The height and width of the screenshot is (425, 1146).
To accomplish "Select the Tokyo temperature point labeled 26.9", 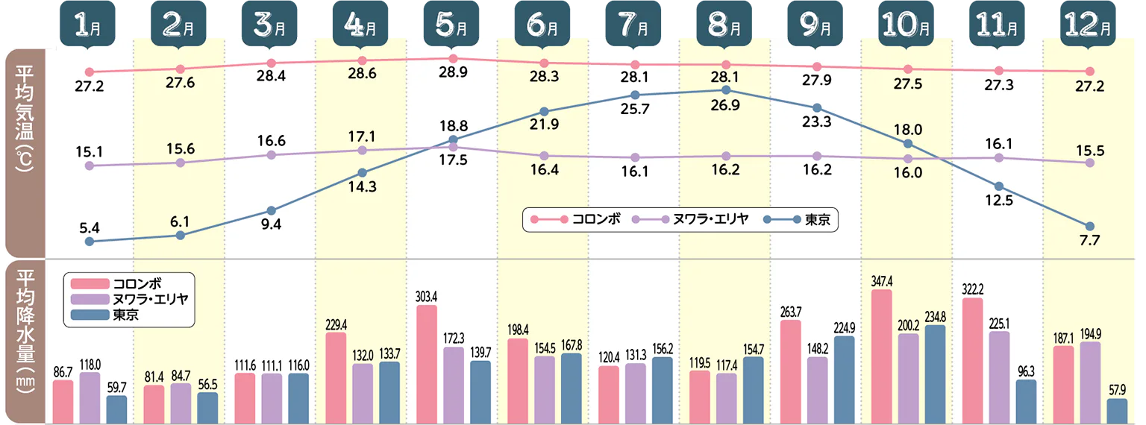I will pos(726,90).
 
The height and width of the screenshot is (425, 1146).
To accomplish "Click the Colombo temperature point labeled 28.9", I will pos(453,58).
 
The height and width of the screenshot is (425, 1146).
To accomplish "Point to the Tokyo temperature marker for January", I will pos(90,241).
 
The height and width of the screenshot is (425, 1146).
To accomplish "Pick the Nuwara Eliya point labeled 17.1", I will pos(362,150).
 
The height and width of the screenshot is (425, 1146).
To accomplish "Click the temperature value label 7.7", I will pos(1089,240).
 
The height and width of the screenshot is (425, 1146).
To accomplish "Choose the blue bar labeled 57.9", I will pos(1117,410).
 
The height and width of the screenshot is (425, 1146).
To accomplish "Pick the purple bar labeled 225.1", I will pos(999,377).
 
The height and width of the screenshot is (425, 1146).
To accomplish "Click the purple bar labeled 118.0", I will pos(90,397).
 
